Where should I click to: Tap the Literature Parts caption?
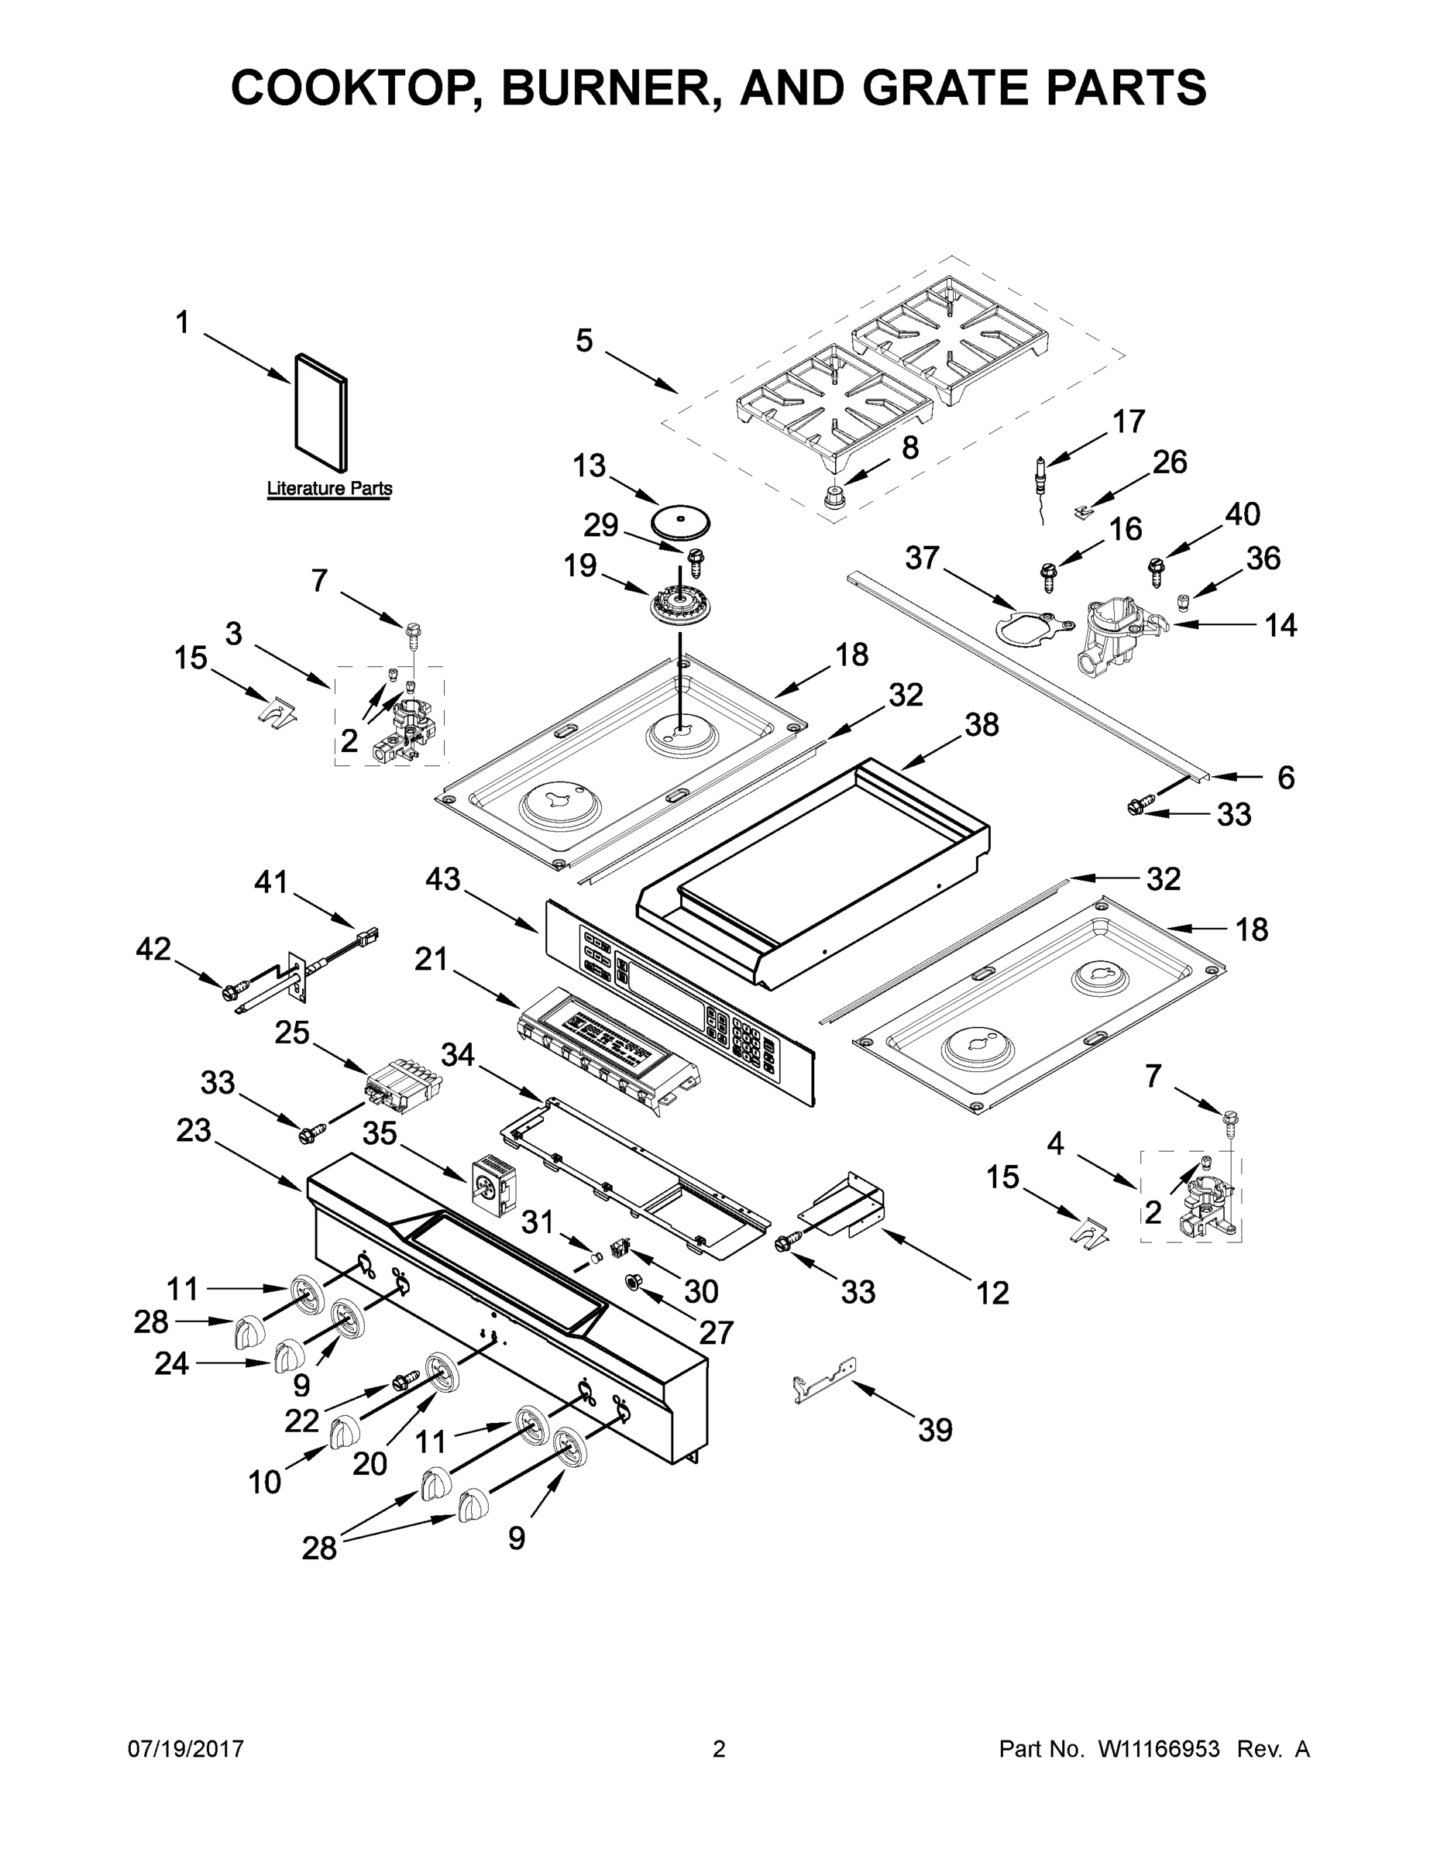[x=329, y=489]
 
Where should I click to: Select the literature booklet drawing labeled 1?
[x=321, y=413]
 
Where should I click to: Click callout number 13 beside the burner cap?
[x=588, y=466]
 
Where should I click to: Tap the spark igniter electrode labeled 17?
[x=1040, y=477]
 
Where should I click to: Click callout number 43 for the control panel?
[x=444, y=878]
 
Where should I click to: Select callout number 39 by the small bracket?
[x=935, y=1430]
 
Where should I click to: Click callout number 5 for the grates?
[x=584, y=341]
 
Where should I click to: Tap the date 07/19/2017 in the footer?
[x=186, y=1749]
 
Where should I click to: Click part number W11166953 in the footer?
[x=1159, y=1749]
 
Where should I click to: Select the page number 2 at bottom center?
[x=719, y=1749]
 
